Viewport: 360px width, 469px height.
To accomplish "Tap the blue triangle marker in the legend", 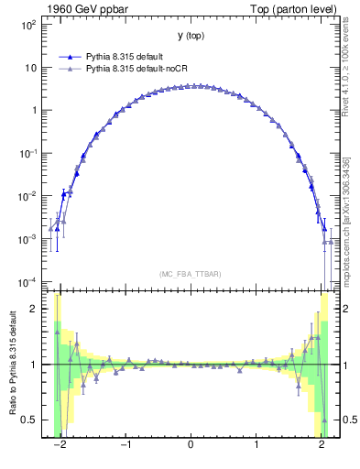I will point(68,56).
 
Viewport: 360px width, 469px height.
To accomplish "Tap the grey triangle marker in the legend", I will point(68,68).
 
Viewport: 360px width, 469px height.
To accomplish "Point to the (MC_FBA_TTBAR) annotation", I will point(190,274).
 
